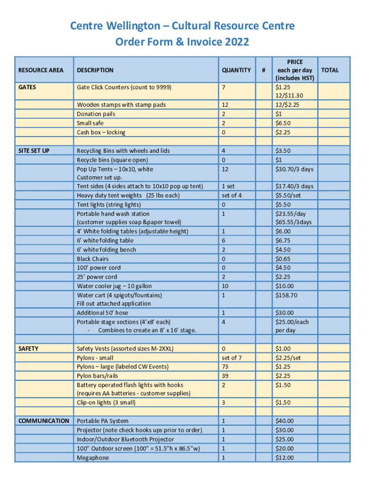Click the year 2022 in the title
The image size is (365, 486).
236,42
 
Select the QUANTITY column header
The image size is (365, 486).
236,70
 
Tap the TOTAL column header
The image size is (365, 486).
330,70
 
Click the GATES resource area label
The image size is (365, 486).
27,87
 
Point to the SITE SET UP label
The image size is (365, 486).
34,150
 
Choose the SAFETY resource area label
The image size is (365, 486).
28,348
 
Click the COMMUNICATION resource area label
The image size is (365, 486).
44,421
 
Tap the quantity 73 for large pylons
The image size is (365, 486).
226,367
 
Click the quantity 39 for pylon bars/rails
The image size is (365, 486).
226,376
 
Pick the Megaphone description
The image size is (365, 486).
93,458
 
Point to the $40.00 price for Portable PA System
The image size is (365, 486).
284,421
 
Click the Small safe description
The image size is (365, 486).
90,123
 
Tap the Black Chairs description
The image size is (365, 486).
93,259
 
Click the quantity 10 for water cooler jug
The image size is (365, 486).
225,286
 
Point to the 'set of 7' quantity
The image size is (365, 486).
232,358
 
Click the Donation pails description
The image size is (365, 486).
96,114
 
